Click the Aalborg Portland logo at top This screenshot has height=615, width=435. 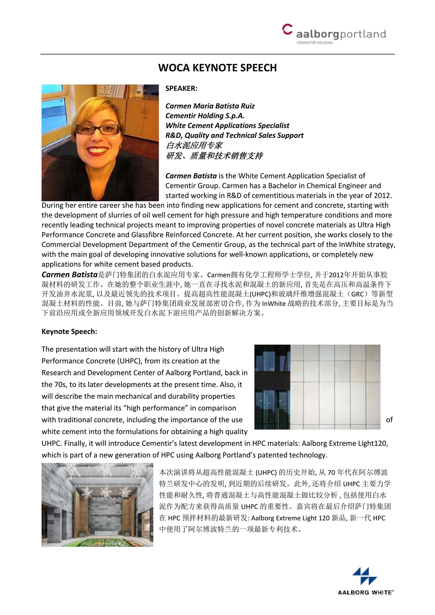point(334,33)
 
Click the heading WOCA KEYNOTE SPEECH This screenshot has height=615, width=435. point(217,68)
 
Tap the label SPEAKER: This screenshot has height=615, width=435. point(181,88)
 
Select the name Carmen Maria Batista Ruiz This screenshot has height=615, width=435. point(210,106)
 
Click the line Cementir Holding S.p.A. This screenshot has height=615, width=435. point(205,116)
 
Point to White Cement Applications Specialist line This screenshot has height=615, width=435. point(227,125)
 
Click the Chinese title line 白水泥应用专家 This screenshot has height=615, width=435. point(194,145)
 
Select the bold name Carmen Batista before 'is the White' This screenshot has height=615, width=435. point(191,176)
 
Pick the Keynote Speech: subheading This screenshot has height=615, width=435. point(69,331)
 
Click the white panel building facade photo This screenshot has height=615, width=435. point(317,387)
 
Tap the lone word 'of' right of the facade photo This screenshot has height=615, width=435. point(389,420)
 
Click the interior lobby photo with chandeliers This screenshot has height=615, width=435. point(97,505)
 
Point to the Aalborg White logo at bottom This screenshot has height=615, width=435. point(365,581)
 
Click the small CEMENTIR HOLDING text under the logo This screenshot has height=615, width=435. point(315,43)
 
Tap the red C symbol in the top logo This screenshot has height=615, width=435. point(287,29)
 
